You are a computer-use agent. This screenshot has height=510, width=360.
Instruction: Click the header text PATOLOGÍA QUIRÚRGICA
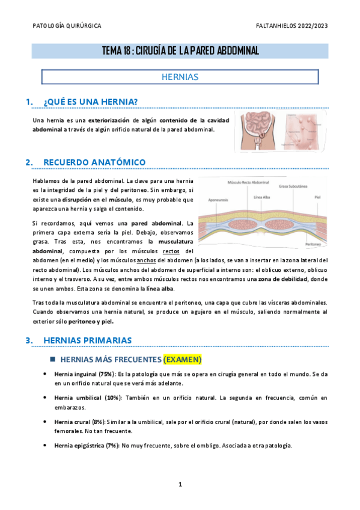[x=67, y=26]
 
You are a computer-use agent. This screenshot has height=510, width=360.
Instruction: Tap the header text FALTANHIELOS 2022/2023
[x=291, y=26]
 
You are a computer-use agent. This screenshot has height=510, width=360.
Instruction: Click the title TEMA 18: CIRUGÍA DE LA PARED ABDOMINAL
[x=180, y=51]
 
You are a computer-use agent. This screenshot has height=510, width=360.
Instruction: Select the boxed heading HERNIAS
[x=180, y=78]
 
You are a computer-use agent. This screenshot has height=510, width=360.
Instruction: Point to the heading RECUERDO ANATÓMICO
[x=94, y=162]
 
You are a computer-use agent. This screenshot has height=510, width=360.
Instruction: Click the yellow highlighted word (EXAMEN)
[x=182, y=360]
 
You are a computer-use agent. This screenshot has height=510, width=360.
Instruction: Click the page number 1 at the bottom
[x=180, y=485]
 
